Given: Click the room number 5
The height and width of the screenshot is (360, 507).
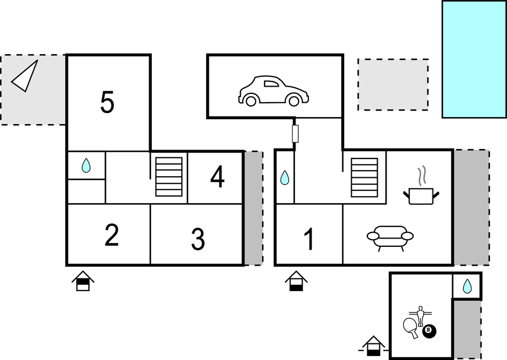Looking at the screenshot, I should coord(108,102).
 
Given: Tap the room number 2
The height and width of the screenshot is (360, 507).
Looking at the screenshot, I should coord(112,236).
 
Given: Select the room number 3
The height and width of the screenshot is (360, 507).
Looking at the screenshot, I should coord(198,239).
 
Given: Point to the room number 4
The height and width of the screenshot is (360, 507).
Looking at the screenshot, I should coord(218,177).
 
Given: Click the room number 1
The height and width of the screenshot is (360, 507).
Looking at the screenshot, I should coord(309,239).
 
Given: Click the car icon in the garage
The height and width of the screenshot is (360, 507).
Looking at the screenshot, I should coord(273,91).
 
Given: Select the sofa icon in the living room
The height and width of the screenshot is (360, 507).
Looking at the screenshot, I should coord(390,237).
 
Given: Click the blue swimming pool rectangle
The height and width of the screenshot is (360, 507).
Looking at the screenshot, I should coord(474,59).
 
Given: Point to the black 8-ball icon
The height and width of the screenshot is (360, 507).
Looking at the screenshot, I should coord(429,331).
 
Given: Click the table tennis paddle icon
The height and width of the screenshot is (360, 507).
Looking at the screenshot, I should coord(411,327).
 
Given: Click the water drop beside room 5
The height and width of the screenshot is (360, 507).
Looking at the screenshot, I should coord(86,165).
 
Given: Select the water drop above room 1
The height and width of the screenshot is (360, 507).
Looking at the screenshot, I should coord(284,177).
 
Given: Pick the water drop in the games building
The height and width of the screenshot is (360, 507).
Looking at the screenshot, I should coord(467,285).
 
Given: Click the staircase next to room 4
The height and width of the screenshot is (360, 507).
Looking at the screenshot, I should coord(169,177).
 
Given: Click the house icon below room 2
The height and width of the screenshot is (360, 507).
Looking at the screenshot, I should coord(83,281).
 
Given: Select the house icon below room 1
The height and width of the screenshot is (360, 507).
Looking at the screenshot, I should coord(297,281).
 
